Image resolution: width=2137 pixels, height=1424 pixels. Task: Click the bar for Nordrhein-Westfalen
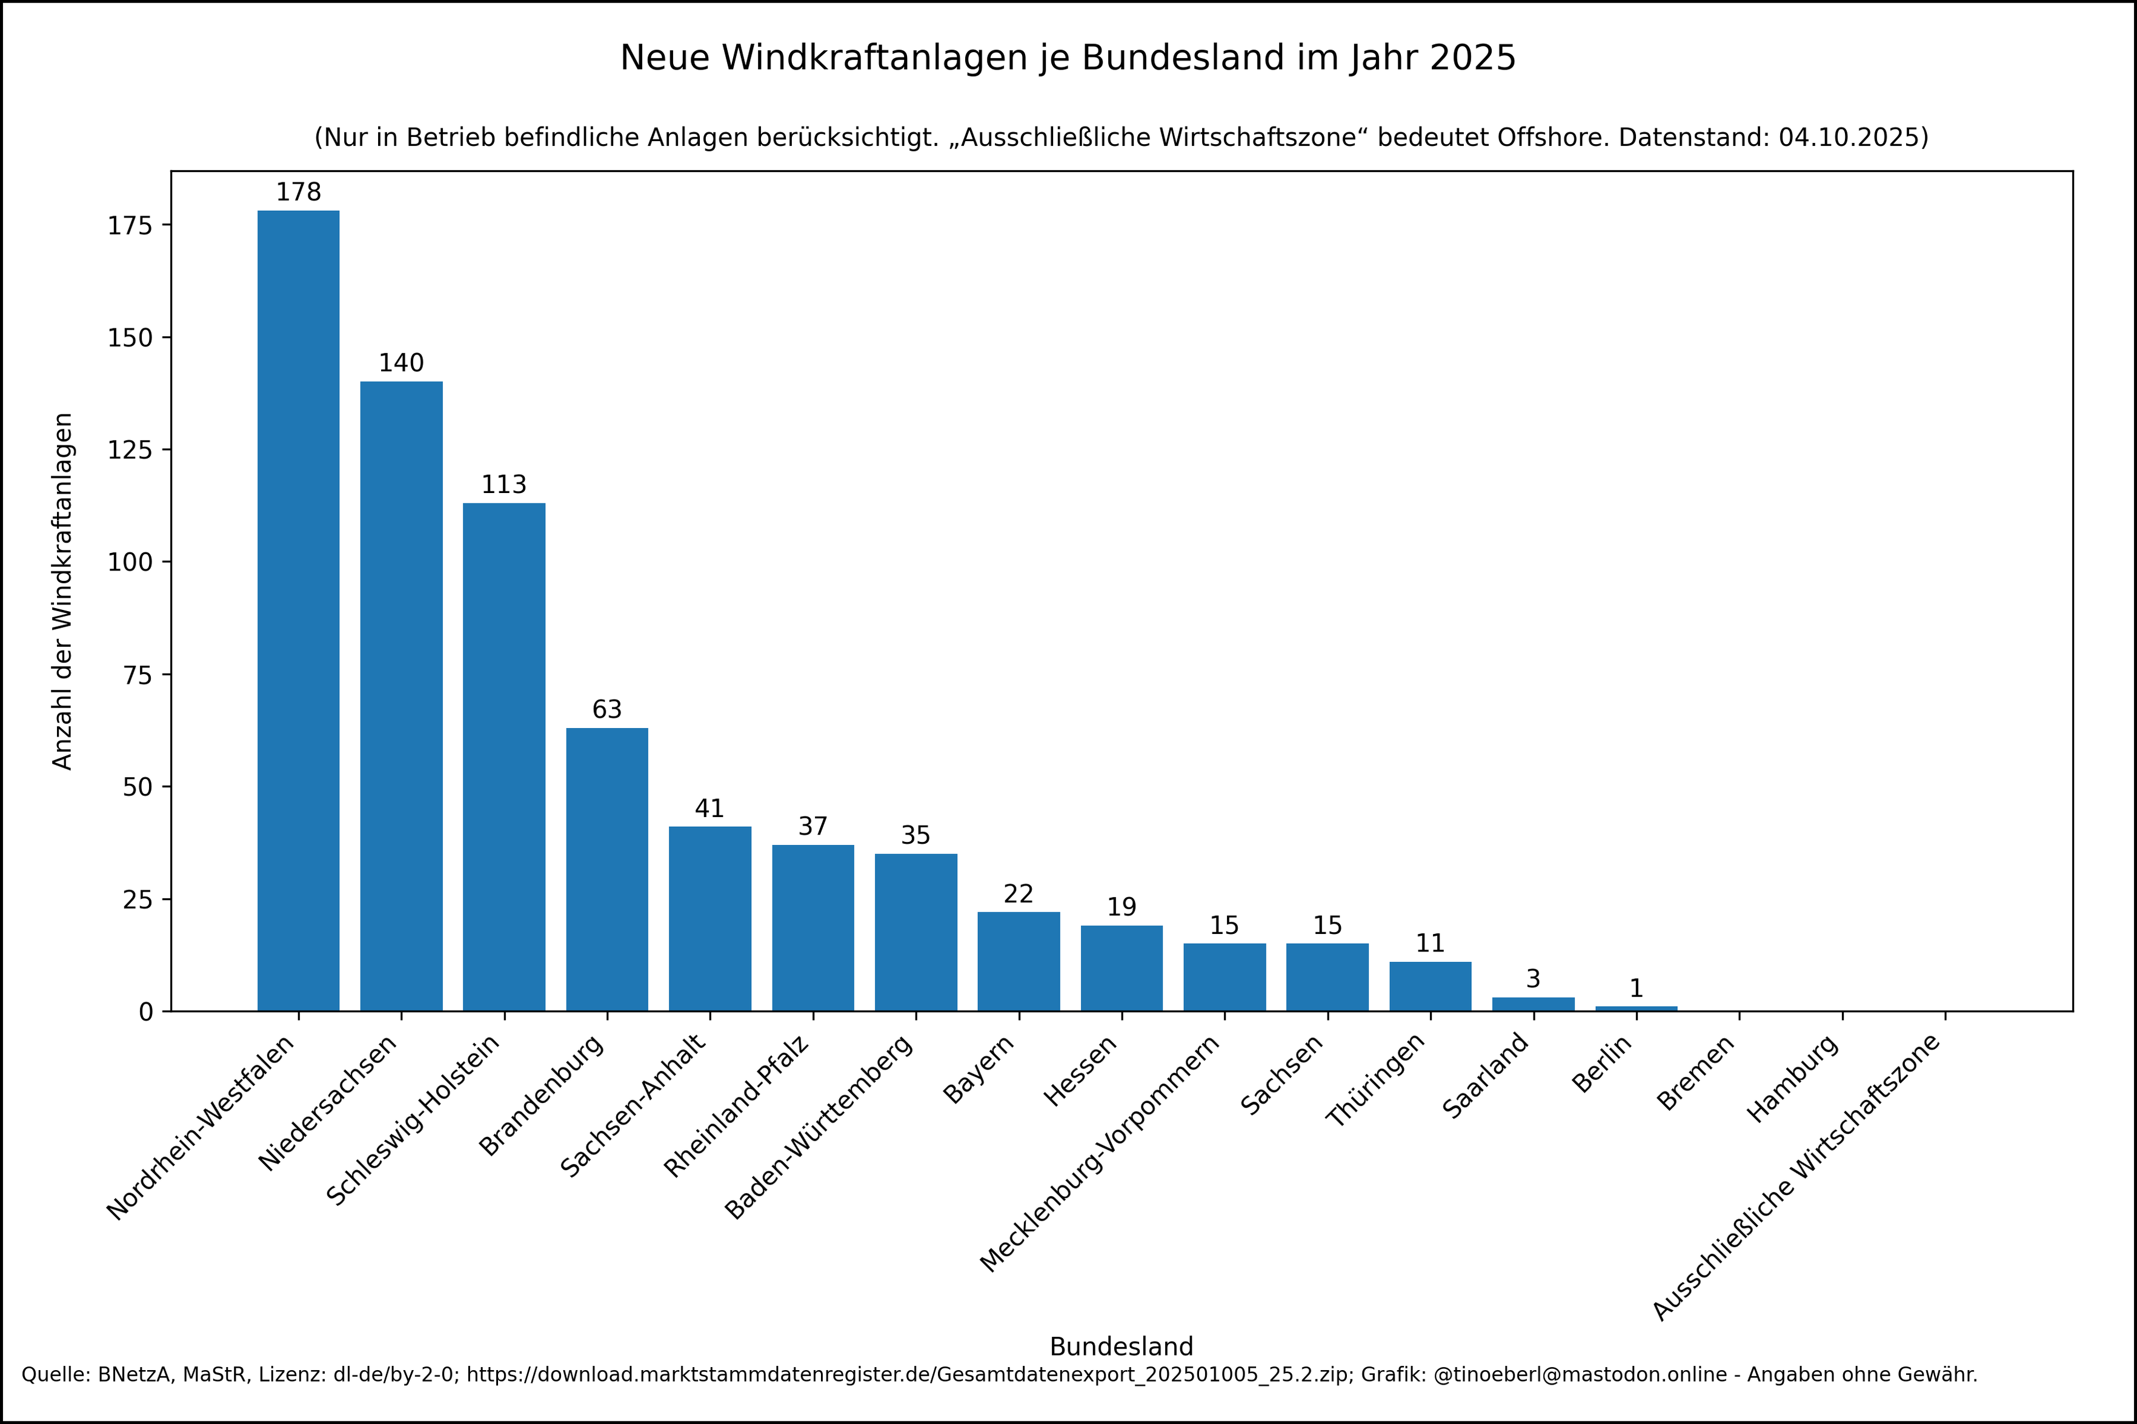click(298, 611)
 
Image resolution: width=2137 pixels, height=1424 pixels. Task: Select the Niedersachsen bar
click(402, 696)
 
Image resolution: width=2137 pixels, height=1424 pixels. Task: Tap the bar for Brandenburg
click(607, 869)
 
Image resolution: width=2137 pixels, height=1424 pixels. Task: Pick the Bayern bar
click(1018, 961)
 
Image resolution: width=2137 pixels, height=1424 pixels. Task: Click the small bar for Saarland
click(1533, 1004)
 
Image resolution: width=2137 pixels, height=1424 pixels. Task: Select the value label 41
click(710, 808)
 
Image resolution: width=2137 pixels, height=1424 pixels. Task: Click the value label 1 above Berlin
click(1636, 988)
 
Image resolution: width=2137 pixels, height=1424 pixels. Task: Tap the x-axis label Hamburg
click(1793, 1078)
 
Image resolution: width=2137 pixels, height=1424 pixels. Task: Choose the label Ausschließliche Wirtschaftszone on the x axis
click(1796, 1177)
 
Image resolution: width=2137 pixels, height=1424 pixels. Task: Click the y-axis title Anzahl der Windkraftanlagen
click(62, 591)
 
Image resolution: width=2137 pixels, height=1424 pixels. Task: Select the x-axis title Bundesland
click(1121, 1346)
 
